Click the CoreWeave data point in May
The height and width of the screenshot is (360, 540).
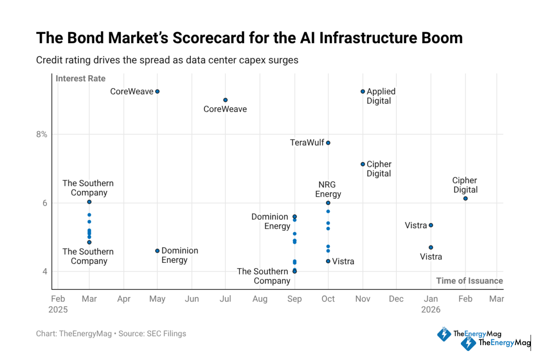[x=157, y=91]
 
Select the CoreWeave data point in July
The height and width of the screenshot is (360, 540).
[x=225, y=100]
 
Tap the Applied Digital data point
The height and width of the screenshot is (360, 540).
[x=363, y=91]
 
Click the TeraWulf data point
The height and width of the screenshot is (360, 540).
[x=328, y=143]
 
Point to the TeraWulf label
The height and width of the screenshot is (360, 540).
[x=307, y=143]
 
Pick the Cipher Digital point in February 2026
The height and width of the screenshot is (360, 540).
[x=465, y=198]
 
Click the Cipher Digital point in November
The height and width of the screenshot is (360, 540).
[x=363, y=164]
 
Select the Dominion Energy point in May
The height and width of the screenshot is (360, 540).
[x=157, y=251]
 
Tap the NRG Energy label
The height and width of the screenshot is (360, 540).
[x=328, y=189]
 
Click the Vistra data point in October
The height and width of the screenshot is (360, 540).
[x=328, y=261]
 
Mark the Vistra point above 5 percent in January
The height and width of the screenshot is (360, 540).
[x=431, y=225]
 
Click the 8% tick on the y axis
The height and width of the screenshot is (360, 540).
[x=41, y=134]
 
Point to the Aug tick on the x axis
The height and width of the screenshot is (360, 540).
[x=260, y=299]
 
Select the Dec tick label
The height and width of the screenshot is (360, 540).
[x=396, y=299]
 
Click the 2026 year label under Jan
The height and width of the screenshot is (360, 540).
[x=431, y=310]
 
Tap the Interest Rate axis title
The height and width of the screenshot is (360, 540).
[x=80, y=79]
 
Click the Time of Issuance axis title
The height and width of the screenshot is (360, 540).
[x=469, y=281]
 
